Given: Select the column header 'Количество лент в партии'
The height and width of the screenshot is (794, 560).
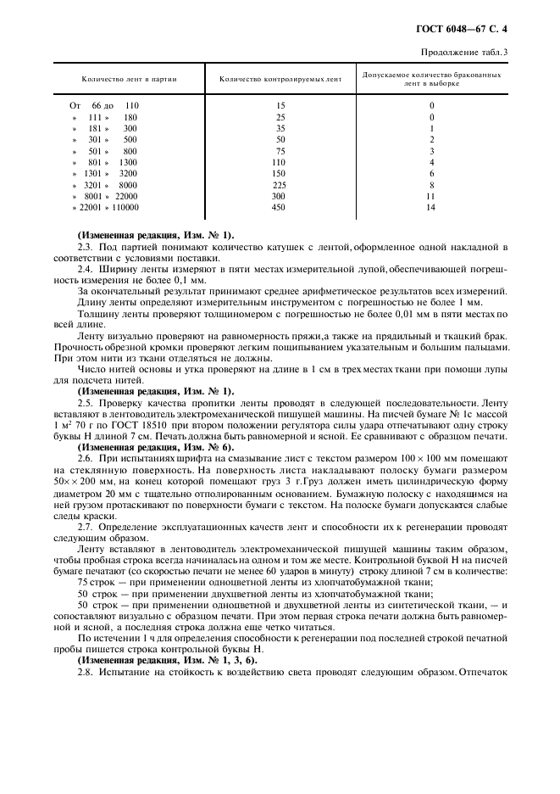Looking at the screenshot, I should pyautogui.click(x=129, y=79).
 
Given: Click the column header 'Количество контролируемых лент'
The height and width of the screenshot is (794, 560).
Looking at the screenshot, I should pyautogui.click(x=280, y=79).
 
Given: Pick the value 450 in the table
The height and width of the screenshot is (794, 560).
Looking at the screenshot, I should pyautogui.click(x=279, y=206).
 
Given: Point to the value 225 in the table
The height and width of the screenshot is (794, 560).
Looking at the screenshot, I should pyautogui.click(x=279, y=184).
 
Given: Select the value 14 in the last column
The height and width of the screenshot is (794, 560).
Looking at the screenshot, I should pyautogui.click(x=431, y=206).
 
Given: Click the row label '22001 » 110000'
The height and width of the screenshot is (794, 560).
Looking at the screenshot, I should pyautogui.click(x=106, y=206).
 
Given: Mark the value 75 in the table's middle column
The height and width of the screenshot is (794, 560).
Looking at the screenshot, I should pyautogui.click(x=280, y=150).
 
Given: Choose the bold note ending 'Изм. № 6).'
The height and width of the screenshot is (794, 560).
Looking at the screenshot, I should pyautogui.click(x=155, y=447).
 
